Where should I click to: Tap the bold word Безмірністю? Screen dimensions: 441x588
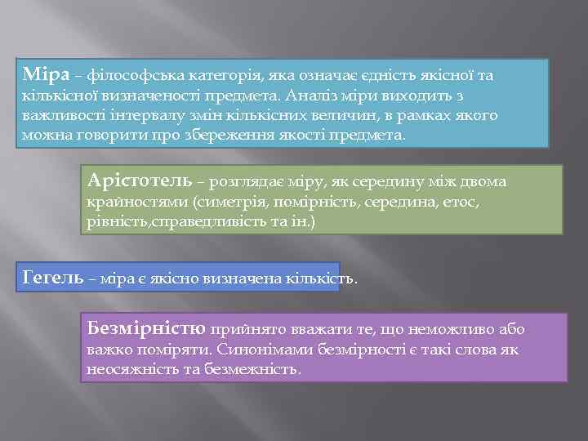(x=146, y=328)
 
